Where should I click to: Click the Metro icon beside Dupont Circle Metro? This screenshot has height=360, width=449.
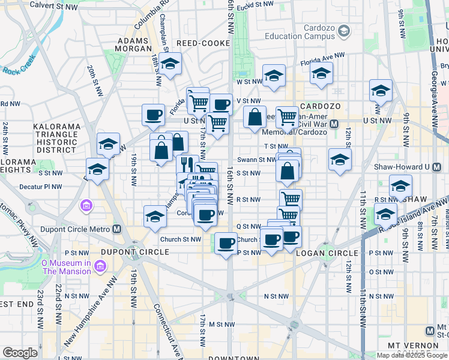pyautogui.click(x=117, y=229)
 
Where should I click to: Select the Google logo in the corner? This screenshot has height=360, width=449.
pyautogui.click(x=20, y=352)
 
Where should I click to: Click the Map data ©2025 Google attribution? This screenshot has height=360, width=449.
pyautogui.click(x=412, y=355)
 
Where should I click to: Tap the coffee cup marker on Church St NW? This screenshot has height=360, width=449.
pyautogui.click(x=226, y=244)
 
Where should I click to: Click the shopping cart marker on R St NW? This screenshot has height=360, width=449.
pyautogui.click(x=291, y=198)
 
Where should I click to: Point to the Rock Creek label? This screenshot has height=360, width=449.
pyautogui.click(x=20, y=65)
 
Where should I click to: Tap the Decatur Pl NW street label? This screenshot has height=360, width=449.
pyautogui.click(x=41, y=187)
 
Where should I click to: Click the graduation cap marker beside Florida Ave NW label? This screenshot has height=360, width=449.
pyautogui.click(x=321, y=73)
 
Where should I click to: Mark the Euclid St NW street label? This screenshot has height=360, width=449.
pyautogui.click(x=255, y=5)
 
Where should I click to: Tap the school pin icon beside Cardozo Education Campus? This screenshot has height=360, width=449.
pyautogui.click(x=344, y=31)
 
